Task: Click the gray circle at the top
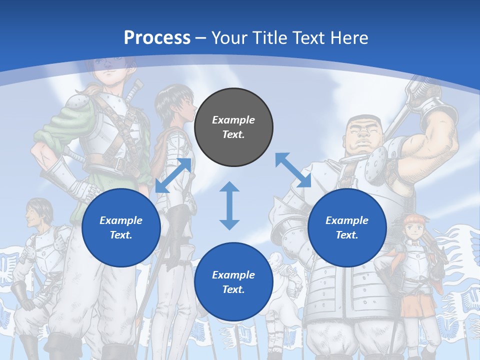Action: pyautogui.click(x=233, y=127)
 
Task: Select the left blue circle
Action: pyautogui.click(x=121, y=227)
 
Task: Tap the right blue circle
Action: pyautogui.click(x=347, y=227)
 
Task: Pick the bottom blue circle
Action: pyautogui.click(x=233, y=282)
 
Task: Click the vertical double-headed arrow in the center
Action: pyautogui.click(x=229, y=205)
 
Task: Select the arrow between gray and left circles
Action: pyautogui.click(x=173, y=175)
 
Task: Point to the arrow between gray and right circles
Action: pyautogui.click(x=293, y=170)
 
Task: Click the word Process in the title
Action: pyautogui.click(x=157, y=37)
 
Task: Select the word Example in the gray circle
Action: pyautogui.click(x=233, y=120)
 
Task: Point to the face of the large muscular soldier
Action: pyautogui.click(x=362, y=135)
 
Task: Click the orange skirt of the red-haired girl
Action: pyautogui.click(x=417, y=305)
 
